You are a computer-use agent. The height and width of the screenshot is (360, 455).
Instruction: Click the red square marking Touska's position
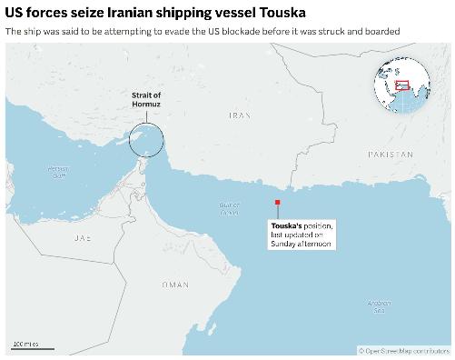(278, 203)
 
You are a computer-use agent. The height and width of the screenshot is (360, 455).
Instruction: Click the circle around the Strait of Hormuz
(146, 140)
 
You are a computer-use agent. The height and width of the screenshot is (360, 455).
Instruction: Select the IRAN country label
(239, 115)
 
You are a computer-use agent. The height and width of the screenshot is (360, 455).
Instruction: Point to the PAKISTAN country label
(391, 155)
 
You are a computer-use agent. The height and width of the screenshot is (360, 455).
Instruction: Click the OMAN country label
(174, 285)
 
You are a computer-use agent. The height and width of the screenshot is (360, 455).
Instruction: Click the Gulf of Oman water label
(228, 208)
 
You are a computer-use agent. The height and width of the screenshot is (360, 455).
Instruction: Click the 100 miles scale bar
(32, 346)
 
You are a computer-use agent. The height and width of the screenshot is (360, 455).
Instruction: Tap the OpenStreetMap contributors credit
(404, 350)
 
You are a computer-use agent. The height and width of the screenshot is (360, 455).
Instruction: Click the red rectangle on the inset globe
(402, 85)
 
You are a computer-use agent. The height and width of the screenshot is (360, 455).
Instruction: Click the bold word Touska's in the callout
(286, 225)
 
